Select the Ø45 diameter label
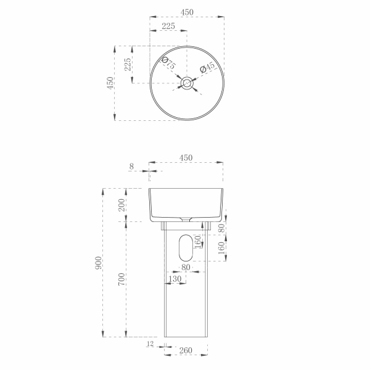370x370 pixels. click(x=207, y=67)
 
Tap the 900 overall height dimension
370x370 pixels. click(x=99, y=263)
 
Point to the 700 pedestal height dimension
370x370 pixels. click(x=121, y=279)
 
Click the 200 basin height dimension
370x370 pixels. click(x=121, y=205)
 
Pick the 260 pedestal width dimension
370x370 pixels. click(x=186, y=350)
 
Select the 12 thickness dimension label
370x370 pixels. click(x=150, y=344)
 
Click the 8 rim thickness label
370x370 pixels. click(x=131, y=166)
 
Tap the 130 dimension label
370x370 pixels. click(x=175, y=279)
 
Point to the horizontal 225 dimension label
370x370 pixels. click(x=168, y=26)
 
